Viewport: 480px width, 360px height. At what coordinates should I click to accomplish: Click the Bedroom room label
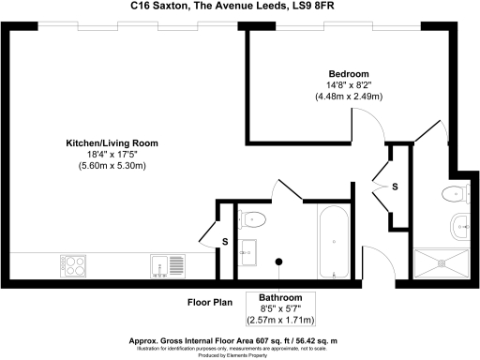click(x=348, y=74)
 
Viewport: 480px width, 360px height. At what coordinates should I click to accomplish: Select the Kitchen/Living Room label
click(x=112, y=143)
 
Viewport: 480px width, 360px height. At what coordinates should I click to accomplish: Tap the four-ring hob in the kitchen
click(x=74, y=265)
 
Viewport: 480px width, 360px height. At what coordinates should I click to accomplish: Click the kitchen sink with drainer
click(x=166, y=266)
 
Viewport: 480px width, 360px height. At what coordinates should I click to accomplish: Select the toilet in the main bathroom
click(x=253, y=219)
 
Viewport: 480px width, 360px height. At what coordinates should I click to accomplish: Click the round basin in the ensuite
click(x=461, y=225)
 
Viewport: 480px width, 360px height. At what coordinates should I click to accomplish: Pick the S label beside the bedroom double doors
click(x=395, y=187)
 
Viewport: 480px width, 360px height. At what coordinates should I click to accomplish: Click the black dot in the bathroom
click(x=278, y=262)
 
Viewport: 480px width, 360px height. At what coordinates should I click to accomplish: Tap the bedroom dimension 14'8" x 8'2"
click(x=348, y=85)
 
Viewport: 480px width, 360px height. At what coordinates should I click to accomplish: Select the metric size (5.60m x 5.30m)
click(x=112, y=166)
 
